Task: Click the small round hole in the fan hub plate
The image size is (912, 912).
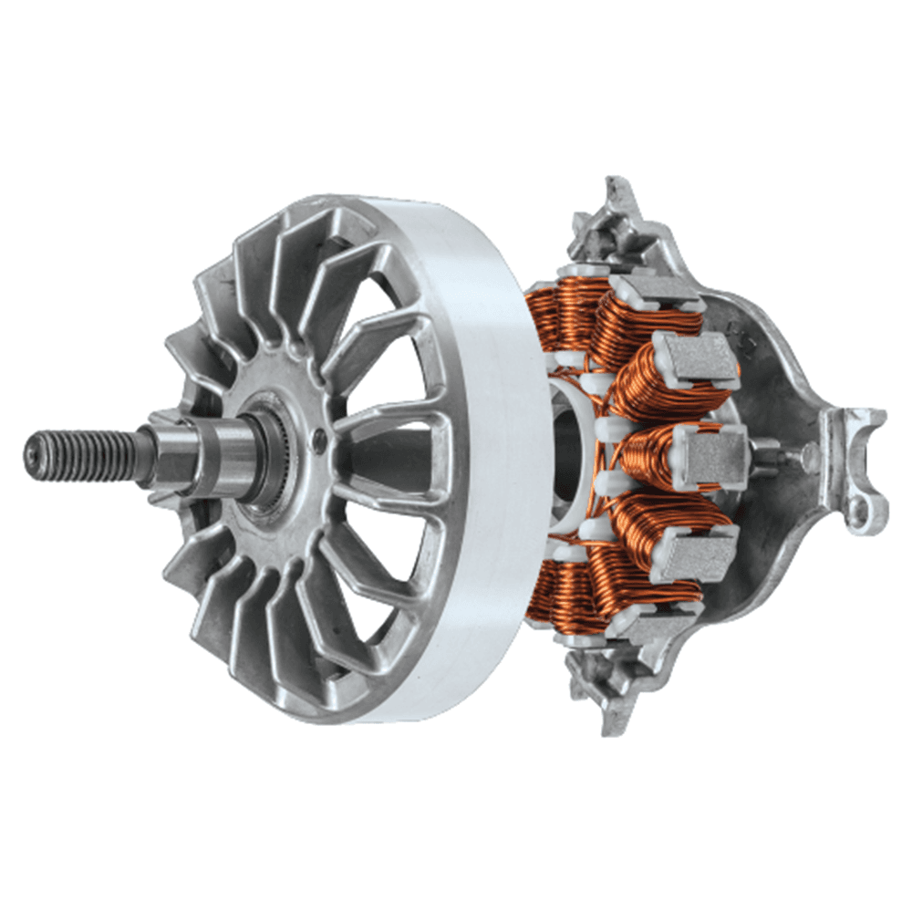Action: pos(318,441)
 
